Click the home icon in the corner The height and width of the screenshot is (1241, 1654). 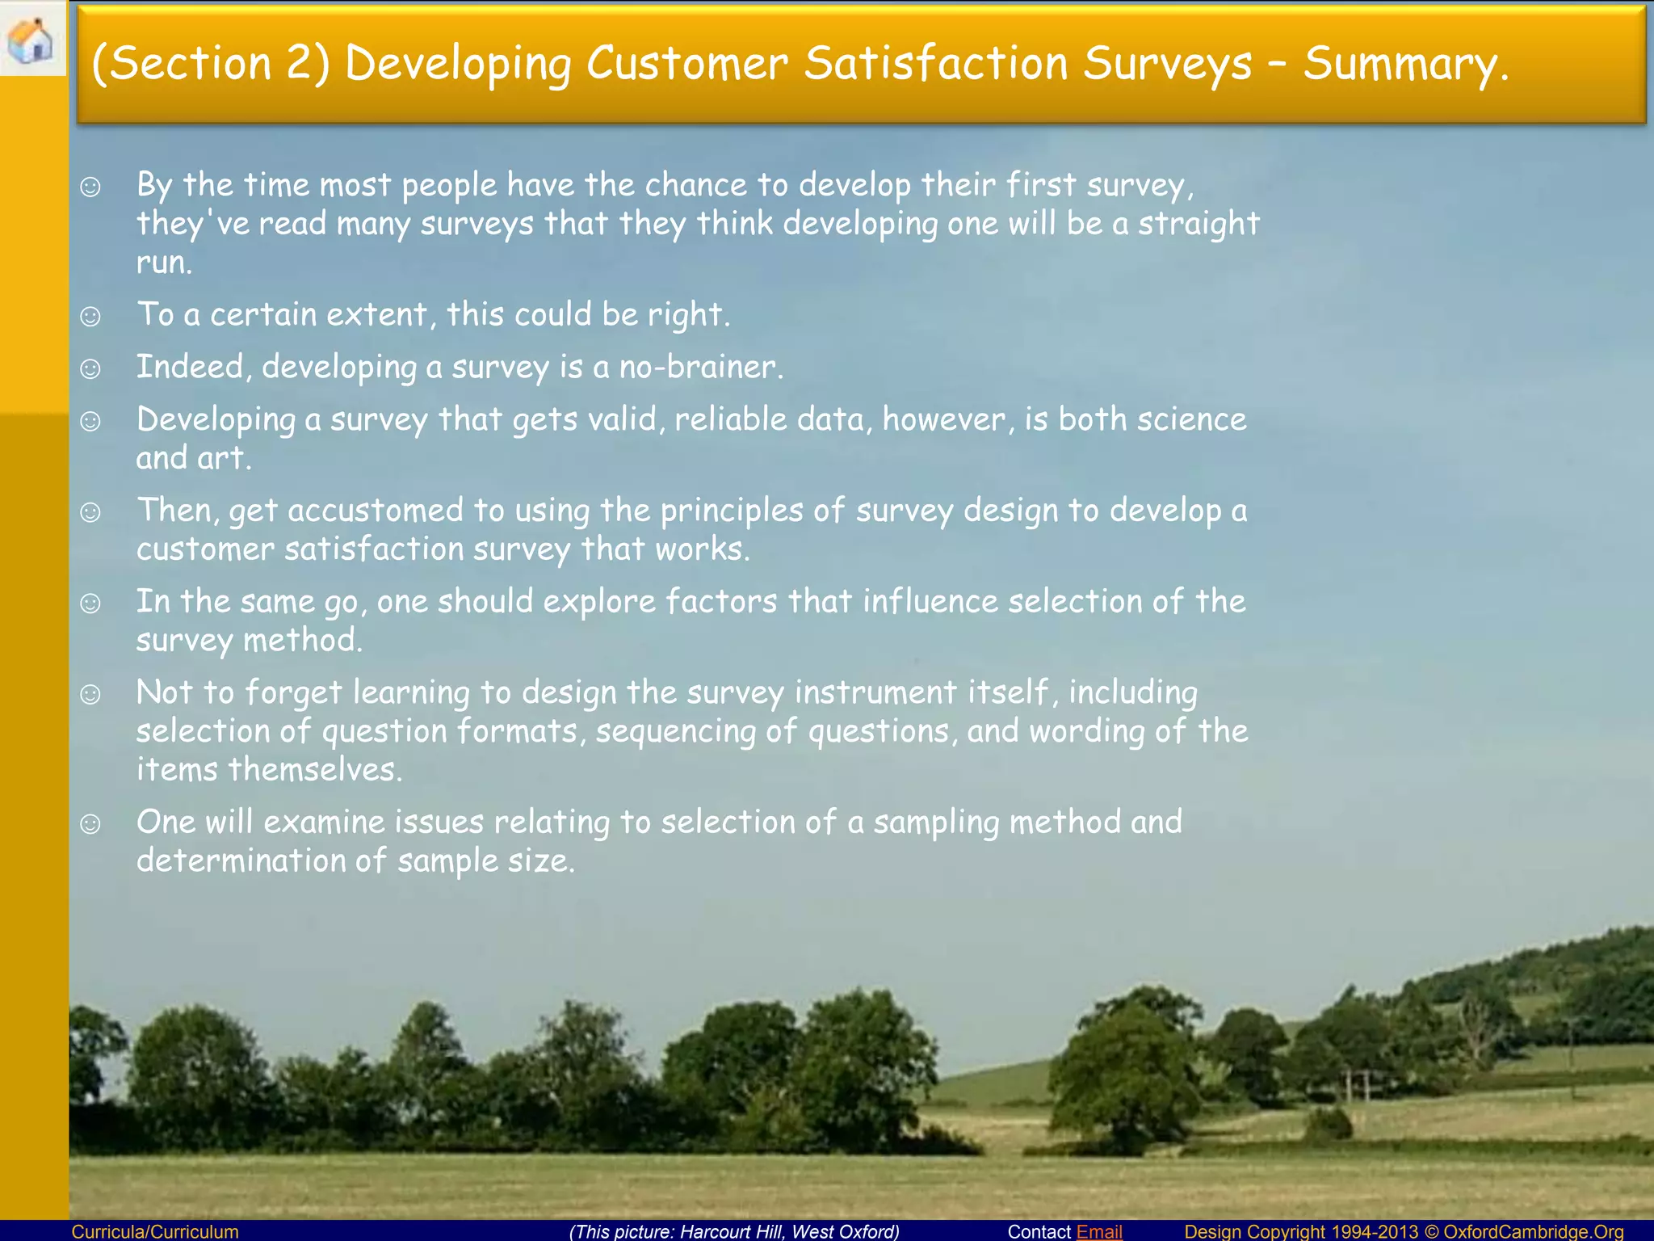pos(31,40)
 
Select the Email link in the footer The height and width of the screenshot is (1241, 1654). pos(1099,1231)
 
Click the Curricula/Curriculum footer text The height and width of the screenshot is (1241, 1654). pos(155,1231)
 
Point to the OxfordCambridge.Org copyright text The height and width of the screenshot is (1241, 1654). pos(1404,1231)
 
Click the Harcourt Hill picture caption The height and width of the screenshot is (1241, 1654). pos(734,1231)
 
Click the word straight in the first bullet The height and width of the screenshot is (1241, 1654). pos(1199,224)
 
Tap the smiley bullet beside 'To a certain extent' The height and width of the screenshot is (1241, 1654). pos(90,316)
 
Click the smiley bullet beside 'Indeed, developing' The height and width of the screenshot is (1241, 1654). pos(90,368)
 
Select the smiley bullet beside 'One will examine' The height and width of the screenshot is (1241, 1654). pos(90,823)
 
